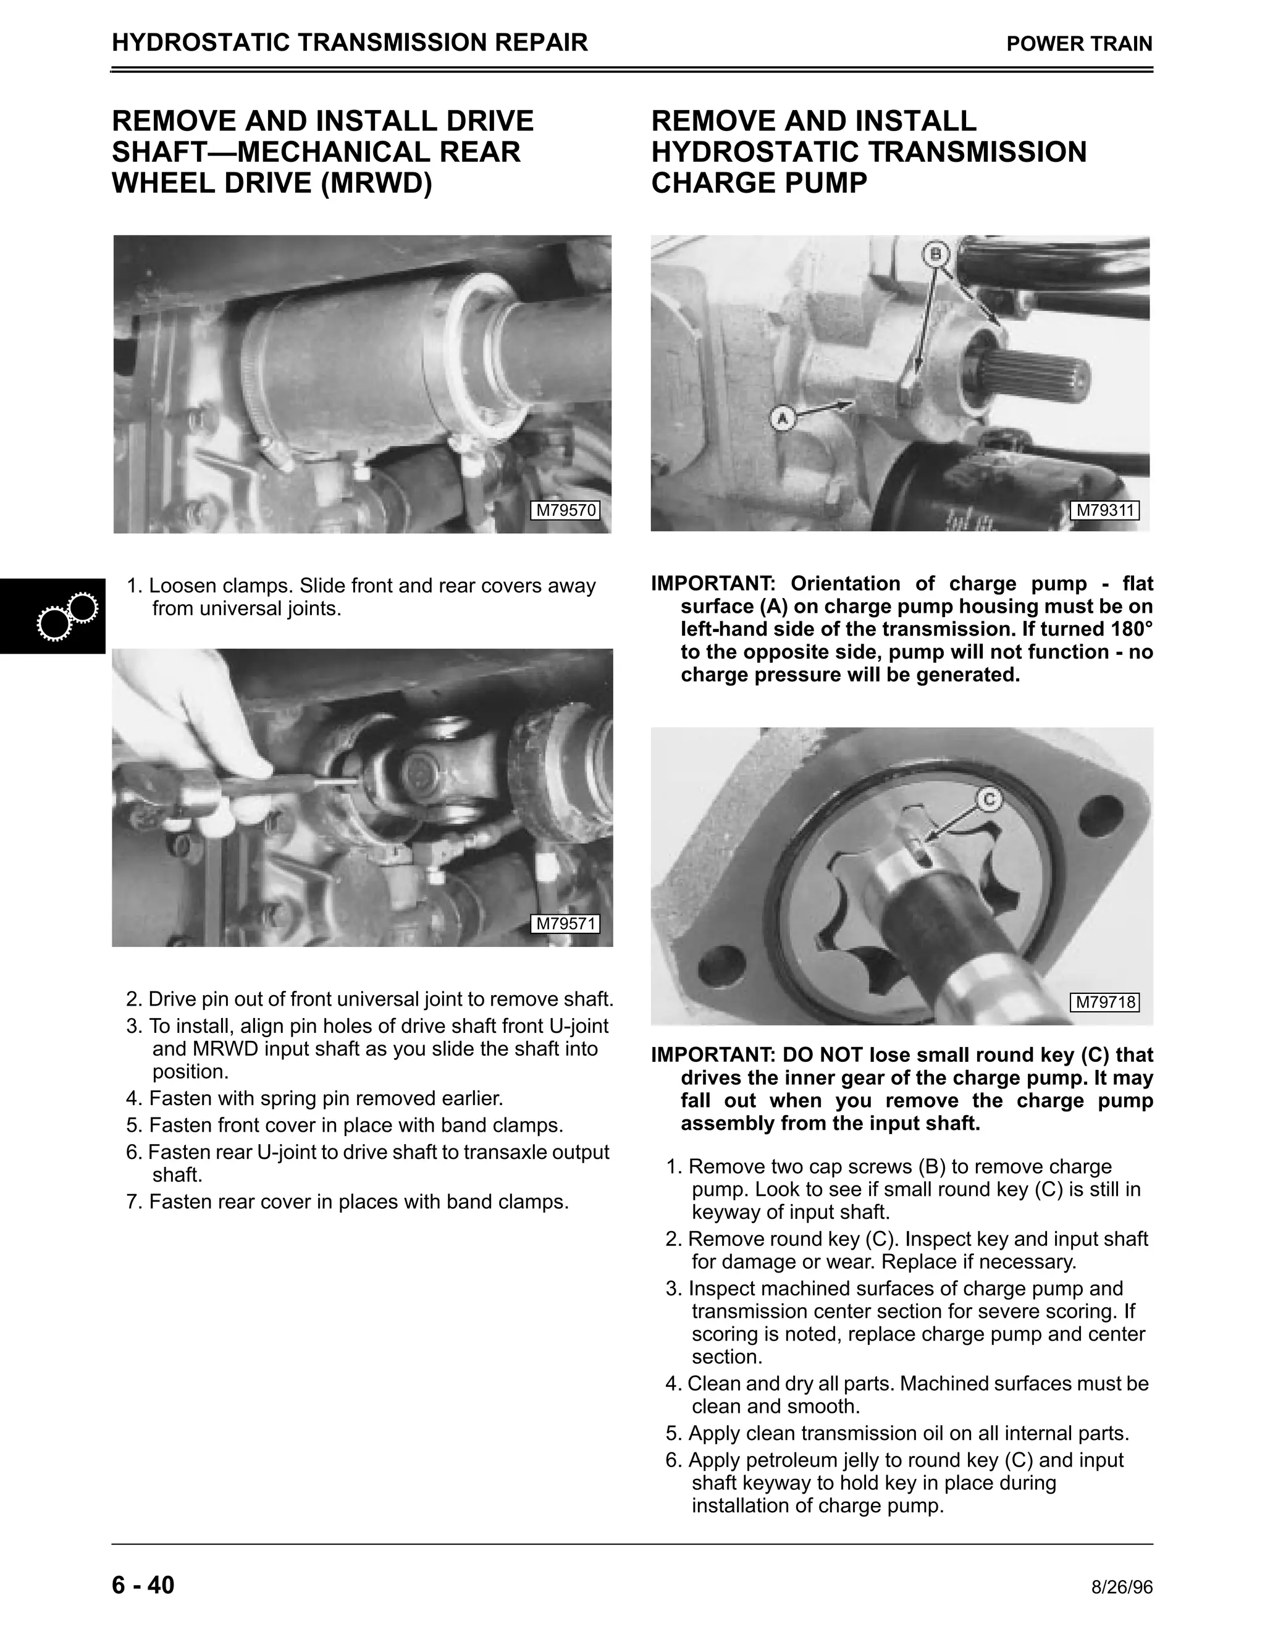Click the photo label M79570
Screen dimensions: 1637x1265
566,510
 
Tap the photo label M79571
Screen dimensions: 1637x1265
566,924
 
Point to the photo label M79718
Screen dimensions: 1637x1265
1106,1002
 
